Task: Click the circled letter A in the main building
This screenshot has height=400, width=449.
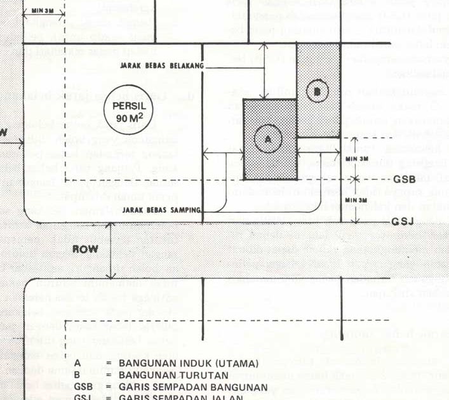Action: (x=267, y=138)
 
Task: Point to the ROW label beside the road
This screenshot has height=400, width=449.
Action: (x=84, y=249)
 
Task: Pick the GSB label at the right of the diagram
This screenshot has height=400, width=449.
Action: (x=404, y=180)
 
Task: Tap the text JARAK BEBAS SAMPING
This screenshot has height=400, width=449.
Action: (x=163, y=210)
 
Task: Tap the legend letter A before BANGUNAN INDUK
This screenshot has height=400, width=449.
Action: (x=77, y=364)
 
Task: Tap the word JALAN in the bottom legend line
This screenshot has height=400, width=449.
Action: (x=227, y=397)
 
